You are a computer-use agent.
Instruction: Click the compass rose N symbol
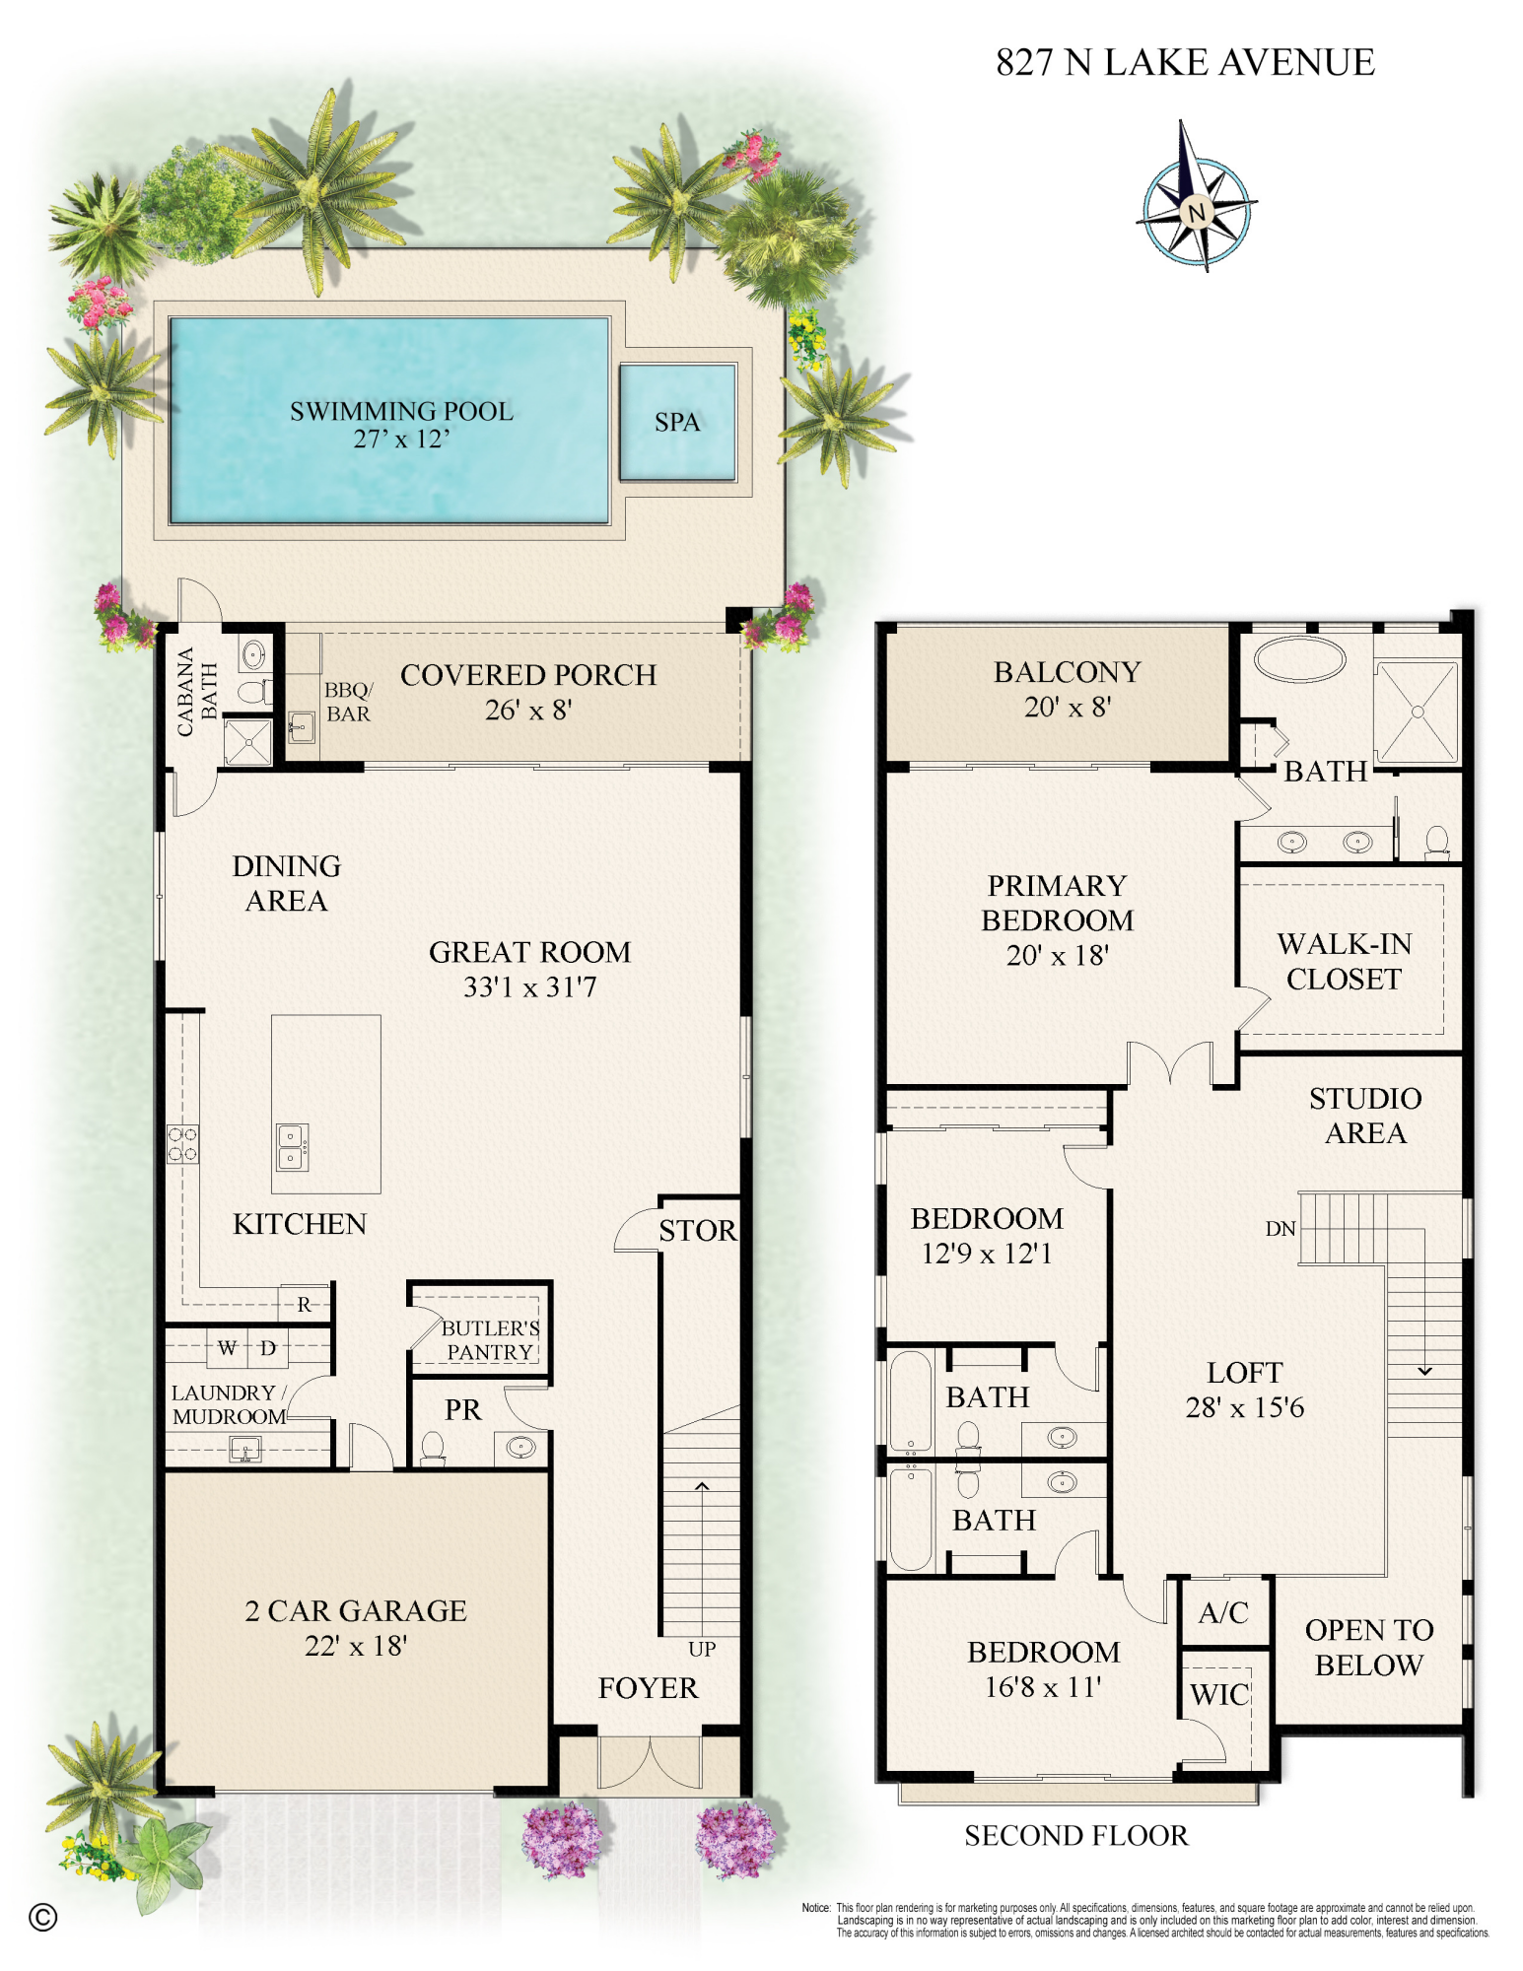pos(1197,211)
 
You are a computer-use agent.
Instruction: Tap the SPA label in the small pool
pos(677,422)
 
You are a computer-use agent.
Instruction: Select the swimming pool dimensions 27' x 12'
pos(401,440)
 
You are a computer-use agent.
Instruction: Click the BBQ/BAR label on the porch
pos(348,701)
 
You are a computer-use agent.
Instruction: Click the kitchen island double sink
pos(291,1147)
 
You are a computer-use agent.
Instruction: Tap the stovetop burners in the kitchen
pos(182,1144)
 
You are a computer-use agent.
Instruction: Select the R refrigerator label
pos(305,1304)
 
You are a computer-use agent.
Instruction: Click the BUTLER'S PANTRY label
pos(489,1339)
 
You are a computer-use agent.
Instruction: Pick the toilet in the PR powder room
pos(433,1447)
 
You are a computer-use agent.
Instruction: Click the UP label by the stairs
pos(702,1649)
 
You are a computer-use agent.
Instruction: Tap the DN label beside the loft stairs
pos(1280,1228)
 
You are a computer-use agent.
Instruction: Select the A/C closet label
pos(1223,1612)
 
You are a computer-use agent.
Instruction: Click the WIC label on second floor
pos(1219,1694)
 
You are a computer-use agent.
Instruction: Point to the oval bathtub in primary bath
pos(1299,658)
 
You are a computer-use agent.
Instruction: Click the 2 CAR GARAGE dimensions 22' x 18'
pos(356,1645)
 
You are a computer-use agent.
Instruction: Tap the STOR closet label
pos(697,1230)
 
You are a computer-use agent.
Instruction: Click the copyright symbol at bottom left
pos(43,1917)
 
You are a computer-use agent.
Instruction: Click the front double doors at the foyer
pos(650,1763)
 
